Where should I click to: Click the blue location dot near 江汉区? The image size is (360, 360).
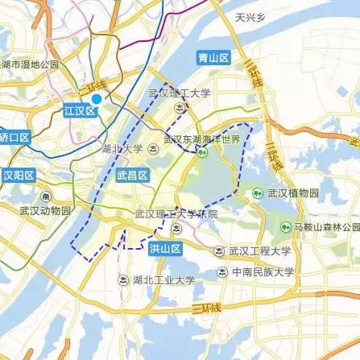(x=97, y=99)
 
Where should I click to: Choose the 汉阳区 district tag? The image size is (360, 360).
(x=14, y=175)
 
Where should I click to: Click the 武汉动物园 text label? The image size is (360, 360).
(x=46, y=211)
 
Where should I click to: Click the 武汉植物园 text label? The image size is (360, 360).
(x=293, y=193)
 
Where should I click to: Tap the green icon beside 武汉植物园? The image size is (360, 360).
(x=258, y=193)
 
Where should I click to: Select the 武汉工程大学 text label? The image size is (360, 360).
(x=261, y=250)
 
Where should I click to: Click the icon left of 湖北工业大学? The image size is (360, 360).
(x=122, y=280)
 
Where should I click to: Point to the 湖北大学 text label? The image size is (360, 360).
(x=122, y=148)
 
